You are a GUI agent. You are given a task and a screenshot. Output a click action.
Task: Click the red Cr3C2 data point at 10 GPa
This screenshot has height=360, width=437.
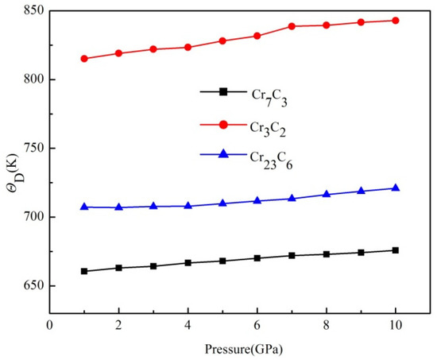(x=395, y=21)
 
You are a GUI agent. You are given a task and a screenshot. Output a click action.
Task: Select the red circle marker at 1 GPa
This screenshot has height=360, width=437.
(x=84, y=59)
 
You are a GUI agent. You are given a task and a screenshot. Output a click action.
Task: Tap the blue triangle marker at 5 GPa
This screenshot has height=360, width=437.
(x=222, y=203)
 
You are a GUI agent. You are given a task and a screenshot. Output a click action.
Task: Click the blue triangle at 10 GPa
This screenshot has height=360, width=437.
(x=395, y=188)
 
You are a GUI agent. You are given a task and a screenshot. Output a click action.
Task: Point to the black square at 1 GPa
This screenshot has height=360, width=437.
(x=84, y=271)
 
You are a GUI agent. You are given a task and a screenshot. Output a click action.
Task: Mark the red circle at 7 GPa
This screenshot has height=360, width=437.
(x=292, y=26)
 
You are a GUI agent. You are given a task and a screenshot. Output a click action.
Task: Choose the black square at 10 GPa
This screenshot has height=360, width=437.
(x=395, y=250)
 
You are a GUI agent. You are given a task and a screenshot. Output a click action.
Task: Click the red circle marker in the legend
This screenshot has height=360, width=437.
(x=225, y=124)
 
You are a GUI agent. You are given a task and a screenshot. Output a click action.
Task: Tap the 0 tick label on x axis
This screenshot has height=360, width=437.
(x=50, y=324)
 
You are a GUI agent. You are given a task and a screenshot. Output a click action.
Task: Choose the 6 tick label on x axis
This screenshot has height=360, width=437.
(x=257, y=324)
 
